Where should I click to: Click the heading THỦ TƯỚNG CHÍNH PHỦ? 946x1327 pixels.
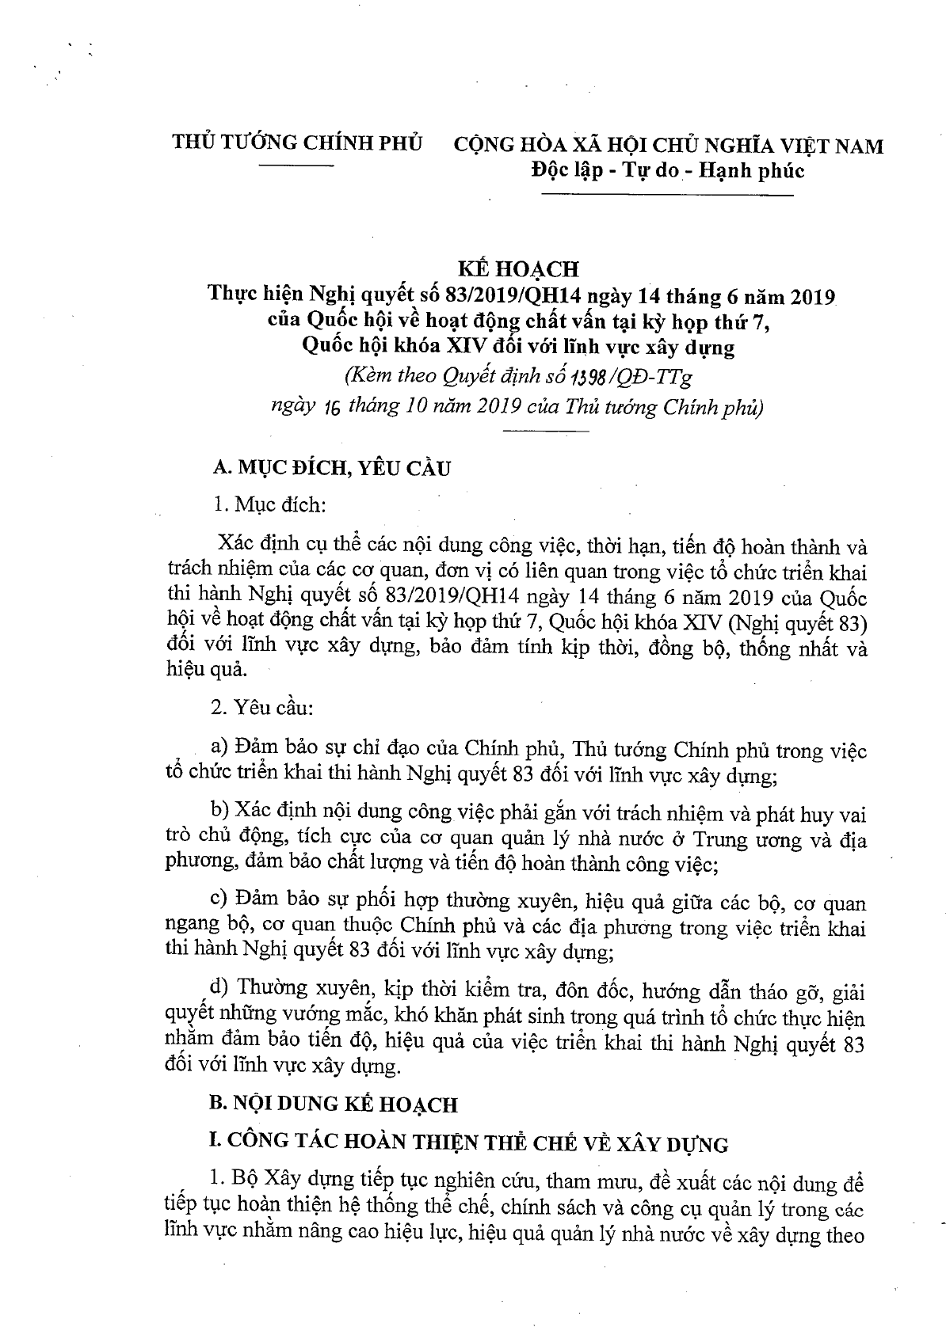point(298,144)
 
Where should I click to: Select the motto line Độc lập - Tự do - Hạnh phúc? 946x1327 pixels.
point(667,170)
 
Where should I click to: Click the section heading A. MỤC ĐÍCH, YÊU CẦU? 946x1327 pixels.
point(332,468)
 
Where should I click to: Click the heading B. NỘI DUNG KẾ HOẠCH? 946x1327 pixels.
point(333,1105)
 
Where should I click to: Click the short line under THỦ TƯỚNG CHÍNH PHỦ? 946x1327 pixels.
point(298,166)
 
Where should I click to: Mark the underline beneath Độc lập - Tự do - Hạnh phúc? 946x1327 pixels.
point(724,195)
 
